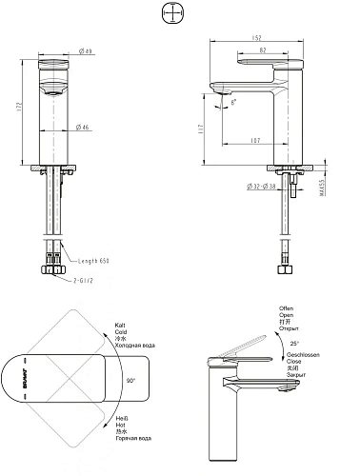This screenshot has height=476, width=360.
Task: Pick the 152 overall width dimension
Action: [256, 38]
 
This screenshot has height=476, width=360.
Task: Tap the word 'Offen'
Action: [286, 309]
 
